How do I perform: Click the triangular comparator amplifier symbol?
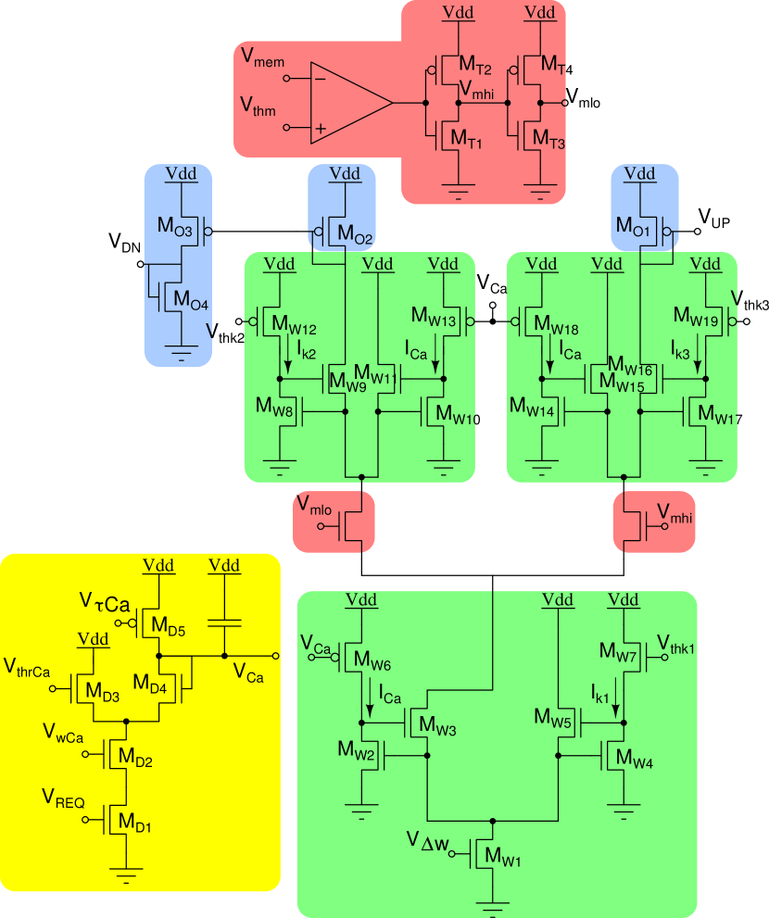click(347, 103)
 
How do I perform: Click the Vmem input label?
click(262, 58)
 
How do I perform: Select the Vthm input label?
click(258, 107)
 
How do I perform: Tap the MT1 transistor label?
click(466, 139)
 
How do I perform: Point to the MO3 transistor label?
click(175, 225)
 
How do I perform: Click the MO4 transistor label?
click(186, 301)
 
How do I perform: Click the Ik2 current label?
click(307, 350)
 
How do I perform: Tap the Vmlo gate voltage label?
click(314, 505)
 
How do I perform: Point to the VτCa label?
click(104, 604)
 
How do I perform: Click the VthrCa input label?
click(27, 667)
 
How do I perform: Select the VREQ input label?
click(64, 798)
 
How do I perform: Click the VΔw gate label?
click(428, 840)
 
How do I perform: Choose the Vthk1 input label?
click(676, 643)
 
